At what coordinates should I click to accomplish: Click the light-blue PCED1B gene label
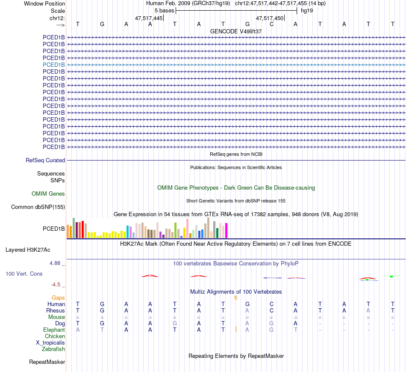(x=54, y=65)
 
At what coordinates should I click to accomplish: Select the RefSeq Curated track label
(x=45, y=160)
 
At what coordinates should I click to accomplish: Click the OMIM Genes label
(x=48, y=193)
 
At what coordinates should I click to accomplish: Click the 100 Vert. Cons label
(x=24, y=274)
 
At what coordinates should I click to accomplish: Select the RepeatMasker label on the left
(x=47, y=362)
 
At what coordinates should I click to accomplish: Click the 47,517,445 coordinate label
(x=149, y=18)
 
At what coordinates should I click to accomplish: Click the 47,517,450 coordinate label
(x=270, y=18)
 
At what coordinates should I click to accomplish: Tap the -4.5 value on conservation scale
(x=57, y=284)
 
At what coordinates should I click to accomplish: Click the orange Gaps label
(x=58, y=298)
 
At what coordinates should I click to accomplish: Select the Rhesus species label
(x=56, y=310)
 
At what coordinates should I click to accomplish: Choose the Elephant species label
(x=54, y=330)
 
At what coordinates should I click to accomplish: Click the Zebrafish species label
(x=53, y=349)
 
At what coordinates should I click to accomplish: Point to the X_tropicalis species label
(x=50, y=342)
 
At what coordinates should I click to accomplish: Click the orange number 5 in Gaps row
(x=235, y=298)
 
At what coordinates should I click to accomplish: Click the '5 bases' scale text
(x=164, y=10)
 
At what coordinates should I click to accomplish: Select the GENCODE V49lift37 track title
(x=236, y=31)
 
